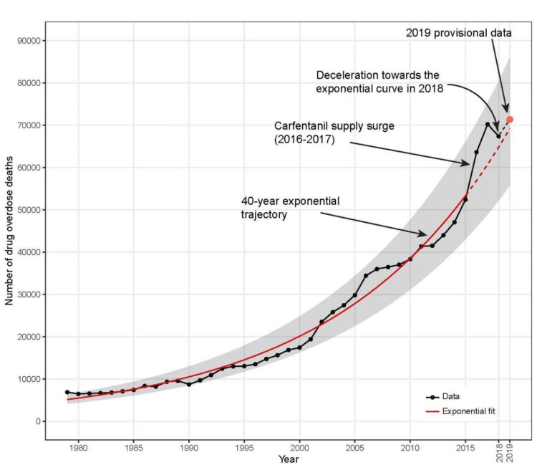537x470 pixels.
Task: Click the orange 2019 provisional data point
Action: click(510, 120)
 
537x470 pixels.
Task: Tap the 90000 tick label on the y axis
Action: click(26, 41)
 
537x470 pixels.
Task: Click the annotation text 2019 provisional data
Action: click(450, 33)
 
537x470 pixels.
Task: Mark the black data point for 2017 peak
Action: click(488, 124)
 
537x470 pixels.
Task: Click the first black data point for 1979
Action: click(67, 392)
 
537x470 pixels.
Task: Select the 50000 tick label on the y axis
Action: click(26, 210)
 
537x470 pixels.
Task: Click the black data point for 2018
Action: click(498, 136)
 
